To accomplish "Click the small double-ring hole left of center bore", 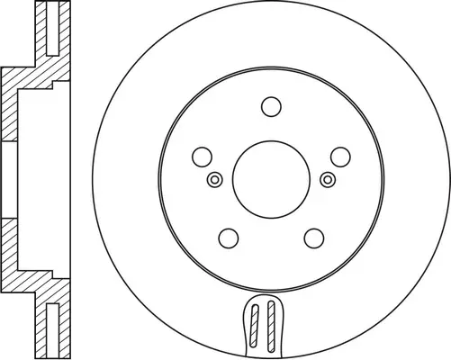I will [213, 180].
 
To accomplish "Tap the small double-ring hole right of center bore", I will [327, 180].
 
